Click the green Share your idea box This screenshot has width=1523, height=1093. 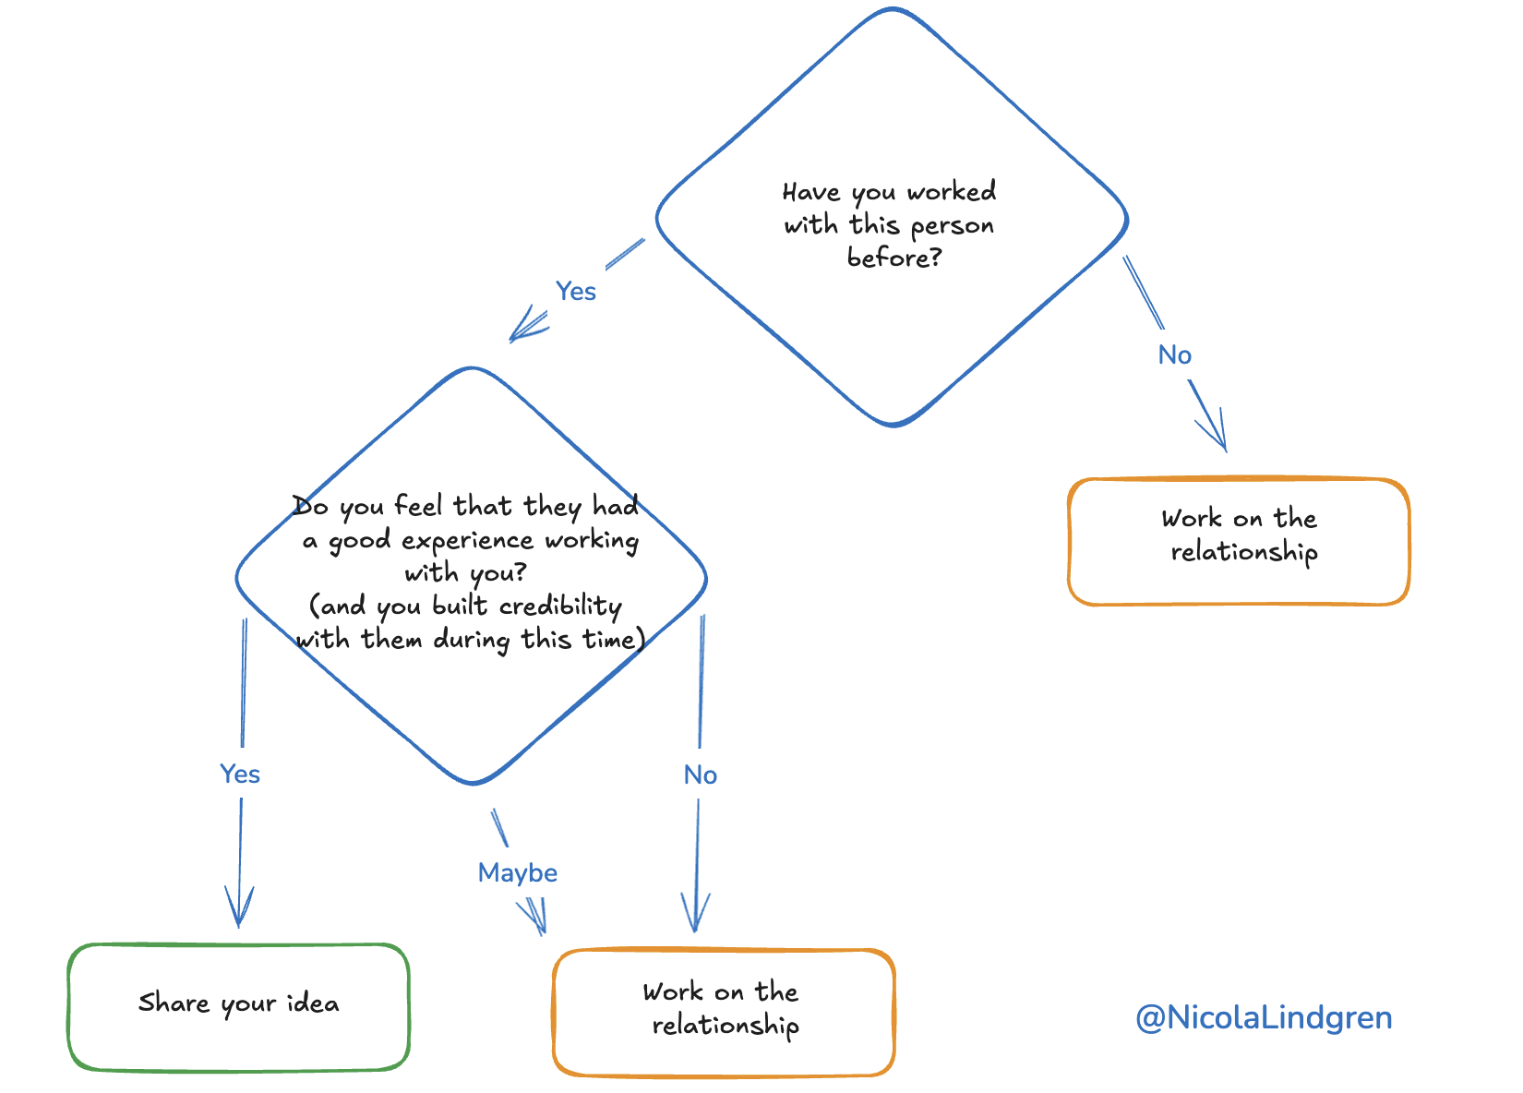(238, 1007)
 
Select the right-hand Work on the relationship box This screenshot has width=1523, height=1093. (1238, 541)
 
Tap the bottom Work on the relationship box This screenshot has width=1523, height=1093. (723, 1013)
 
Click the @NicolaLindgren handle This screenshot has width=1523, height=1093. (1263, 1017)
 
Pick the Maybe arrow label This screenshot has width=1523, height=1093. (517, 872)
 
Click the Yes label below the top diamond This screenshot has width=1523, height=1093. (575, 291)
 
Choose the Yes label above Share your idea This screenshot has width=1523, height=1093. (240, 774)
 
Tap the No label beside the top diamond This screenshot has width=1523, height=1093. (1174, 354)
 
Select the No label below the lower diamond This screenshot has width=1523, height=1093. (700, 775)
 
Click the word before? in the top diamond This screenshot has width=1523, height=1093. (893, 258)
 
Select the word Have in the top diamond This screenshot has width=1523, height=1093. (811, 192)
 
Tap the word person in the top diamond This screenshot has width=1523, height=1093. (952, 226)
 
